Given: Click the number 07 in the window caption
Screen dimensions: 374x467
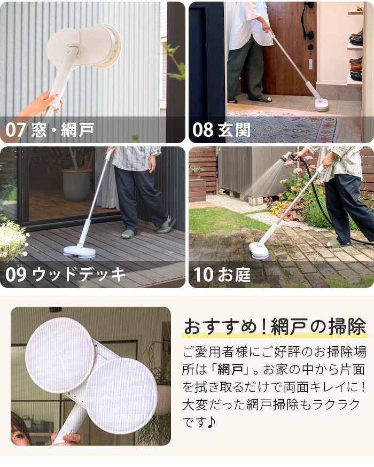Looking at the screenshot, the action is (x=15, y=130).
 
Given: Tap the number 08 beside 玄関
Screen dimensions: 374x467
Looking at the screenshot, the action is (x=203, y=130).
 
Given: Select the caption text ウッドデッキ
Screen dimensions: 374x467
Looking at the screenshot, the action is (x=79, y=274).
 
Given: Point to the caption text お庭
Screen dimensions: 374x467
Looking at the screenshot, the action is (x=234, y=274).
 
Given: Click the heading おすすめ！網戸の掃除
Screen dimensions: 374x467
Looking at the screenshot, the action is (x=275, y=326).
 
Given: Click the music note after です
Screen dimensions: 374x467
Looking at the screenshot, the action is (x=210, y=422).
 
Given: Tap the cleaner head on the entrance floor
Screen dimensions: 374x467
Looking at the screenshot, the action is (x=322, y=105).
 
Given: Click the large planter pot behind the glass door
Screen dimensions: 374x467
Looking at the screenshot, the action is (x=76, y=185).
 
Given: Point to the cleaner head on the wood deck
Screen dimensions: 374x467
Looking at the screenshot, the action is (x=80, y=252).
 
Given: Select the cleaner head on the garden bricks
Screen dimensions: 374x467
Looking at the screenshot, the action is (x=259, y=251).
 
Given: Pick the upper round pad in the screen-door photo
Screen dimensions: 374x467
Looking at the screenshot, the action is (x=60, y=354).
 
